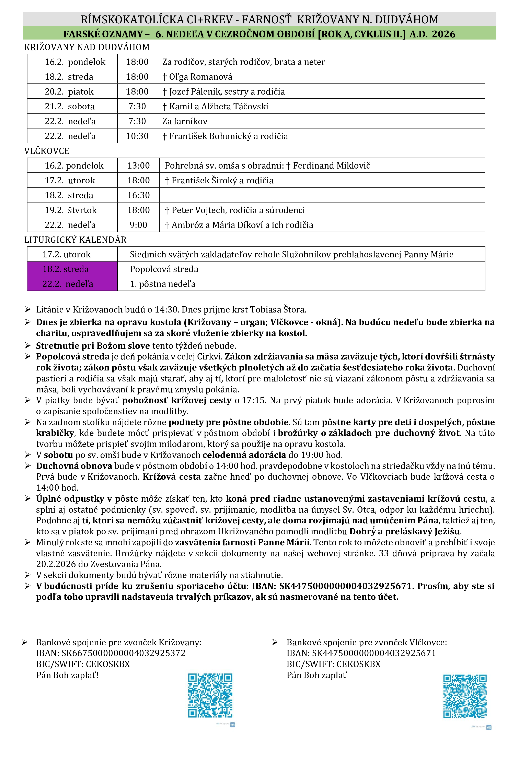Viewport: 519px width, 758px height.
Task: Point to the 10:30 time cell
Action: (x=137, y=136)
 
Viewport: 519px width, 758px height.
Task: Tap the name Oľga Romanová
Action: (x=200, y=77)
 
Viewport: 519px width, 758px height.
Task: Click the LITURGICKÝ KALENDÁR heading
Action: (x=75, y=240)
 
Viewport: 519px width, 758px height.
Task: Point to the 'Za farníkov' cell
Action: (x=185, y=121)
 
